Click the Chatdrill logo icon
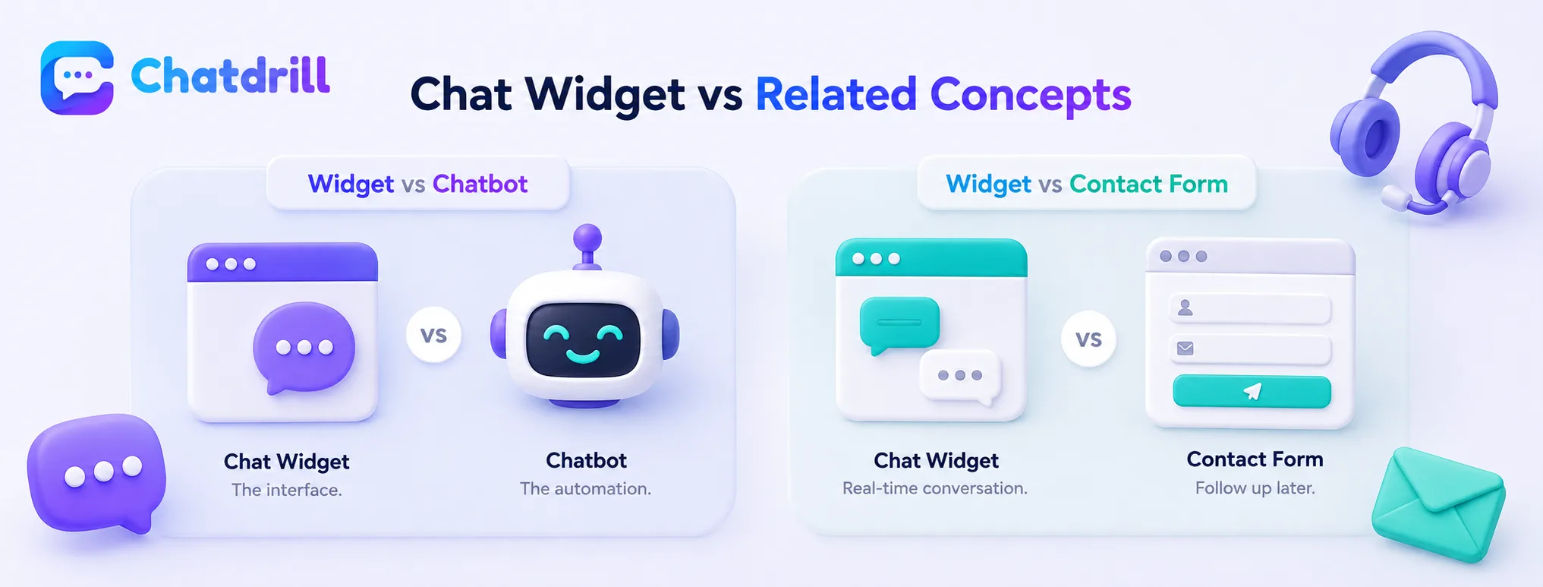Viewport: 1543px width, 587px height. point(77,77)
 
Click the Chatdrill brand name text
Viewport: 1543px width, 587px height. point(231,76)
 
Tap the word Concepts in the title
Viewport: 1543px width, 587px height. point(1031,95)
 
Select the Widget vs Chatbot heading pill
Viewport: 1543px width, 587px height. point(417,184)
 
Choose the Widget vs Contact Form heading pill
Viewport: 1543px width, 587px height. point(1086,184)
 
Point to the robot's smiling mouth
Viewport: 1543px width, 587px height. point(582,354)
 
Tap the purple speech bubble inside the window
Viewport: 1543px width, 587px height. point(304,347)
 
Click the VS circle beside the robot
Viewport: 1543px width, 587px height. point(433,335)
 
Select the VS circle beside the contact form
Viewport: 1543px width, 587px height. point(1088,339)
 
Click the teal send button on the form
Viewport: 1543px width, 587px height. point(1252,391)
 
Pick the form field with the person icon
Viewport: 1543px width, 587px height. point(1251,308)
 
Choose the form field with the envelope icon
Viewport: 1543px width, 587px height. point(1251,349)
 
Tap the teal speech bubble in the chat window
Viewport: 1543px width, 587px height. point(899,324)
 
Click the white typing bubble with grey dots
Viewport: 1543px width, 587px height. point(960,377)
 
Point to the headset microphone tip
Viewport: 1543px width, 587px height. point(1394,197)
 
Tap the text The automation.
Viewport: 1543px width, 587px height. point(585,488)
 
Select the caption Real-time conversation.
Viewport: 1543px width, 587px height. point(935,488)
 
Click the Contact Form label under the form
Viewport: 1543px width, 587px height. point(1255,459)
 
